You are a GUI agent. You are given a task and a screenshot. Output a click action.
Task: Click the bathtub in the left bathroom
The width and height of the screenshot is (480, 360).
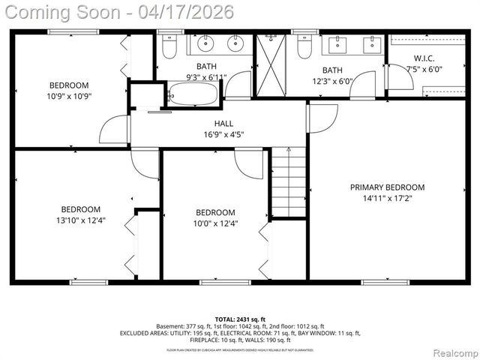point(193,94)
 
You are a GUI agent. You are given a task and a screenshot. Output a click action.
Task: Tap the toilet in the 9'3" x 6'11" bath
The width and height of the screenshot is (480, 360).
point(168,48)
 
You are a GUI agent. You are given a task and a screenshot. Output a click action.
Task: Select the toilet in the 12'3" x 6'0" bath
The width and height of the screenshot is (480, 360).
point(304,47)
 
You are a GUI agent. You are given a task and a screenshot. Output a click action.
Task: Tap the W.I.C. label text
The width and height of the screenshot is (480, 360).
point(424,58)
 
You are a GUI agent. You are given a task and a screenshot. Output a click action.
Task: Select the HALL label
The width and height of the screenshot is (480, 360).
point(223,124)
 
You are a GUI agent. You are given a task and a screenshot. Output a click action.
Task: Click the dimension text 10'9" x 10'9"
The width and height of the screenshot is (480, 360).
point(70,96)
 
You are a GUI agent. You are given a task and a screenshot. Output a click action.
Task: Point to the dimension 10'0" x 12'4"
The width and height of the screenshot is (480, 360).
point(216,223)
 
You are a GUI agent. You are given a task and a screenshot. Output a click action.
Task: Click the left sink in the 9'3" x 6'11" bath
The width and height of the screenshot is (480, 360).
point(204,45)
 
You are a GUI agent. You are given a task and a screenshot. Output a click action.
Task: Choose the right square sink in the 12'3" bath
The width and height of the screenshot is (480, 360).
point(371,45)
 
